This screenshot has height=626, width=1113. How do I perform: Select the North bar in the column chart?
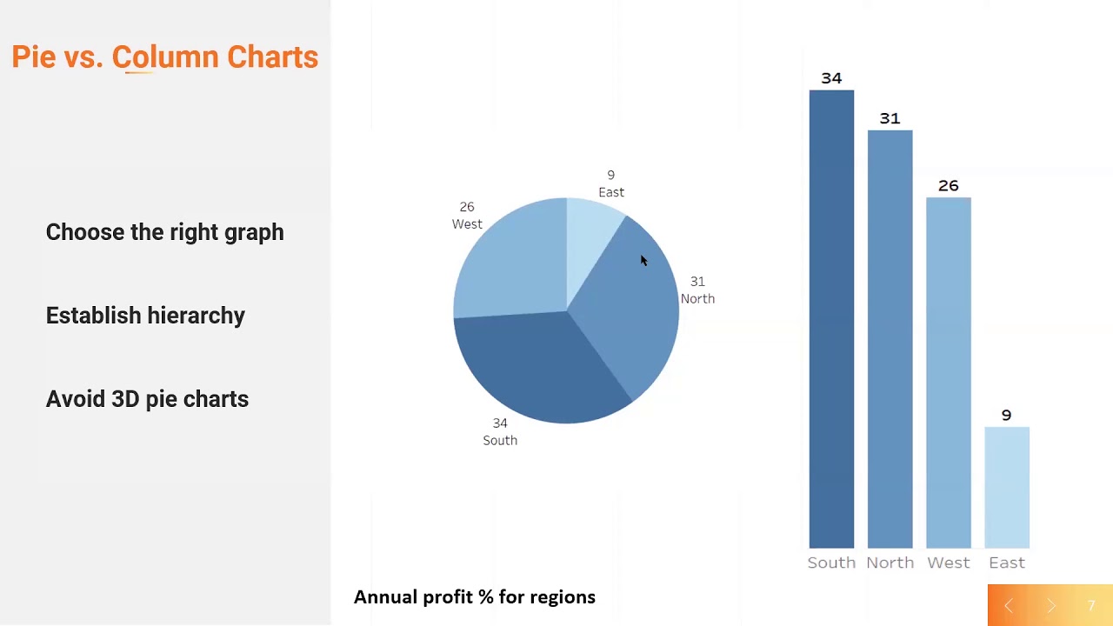(x=890, y=339)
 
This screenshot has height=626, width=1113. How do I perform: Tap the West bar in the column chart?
(x=948, y=373)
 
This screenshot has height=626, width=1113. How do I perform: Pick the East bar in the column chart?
(x=1006, y=488)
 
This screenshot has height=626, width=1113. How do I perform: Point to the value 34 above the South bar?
(x=831, y=78)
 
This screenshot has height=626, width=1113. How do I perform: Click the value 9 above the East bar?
(x=1006, y=416)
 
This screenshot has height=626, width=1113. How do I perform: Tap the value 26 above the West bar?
(x=948, y=186)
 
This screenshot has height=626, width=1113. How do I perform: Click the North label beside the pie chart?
(x=697, y=298)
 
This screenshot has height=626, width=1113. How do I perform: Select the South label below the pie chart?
(x=500, y=440)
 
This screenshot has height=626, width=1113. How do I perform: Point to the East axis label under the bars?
(x=1006, y=563)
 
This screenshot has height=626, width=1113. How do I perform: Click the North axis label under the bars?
(x=890, y=563)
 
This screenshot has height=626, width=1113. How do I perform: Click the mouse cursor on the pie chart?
(x=643, y=261)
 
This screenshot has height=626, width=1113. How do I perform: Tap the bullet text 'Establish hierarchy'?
(x=145, y=316)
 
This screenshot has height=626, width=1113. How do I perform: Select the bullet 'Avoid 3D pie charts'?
(x=147, y=399)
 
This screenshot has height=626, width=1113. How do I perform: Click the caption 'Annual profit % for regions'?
(x=474, y=597)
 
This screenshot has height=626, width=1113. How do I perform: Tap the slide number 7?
(x=1091, y=606)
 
